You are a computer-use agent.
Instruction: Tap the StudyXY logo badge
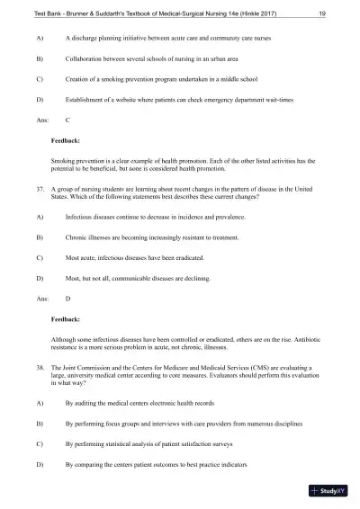(328, 491)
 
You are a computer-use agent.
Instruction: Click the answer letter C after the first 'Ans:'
(68, 120)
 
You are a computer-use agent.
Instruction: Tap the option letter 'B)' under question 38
(39, 422)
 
